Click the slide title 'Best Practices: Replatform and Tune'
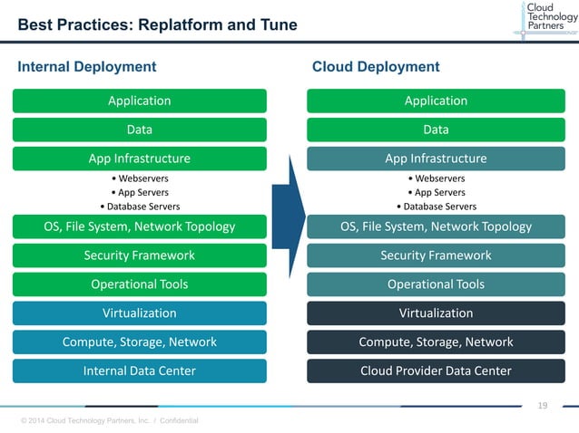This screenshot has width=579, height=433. (x=158, y=24)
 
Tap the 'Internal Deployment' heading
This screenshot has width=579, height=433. (x=87, y=66)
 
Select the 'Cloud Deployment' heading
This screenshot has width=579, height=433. (x=376, y=66)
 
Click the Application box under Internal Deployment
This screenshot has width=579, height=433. (x=139, y=101)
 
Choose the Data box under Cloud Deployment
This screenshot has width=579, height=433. (x=436, y=130)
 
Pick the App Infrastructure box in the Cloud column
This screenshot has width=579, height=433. (x=436, y=159)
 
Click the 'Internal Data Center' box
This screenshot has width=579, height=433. (x=139, y=370)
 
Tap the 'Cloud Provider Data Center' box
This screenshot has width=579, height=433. (x=436, y=370)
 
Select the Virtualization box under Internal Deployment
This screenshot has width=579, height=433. (x=139, y=313)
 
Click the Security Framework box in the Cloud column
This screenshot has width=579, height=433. (x=436, y=255)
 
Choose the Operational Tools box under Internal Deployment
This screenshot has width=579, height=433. (x=139, y=284)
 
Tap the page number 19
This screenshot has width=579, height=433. (x=543, y=405)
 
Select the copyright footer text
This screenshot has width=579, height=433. (x=109, y=420)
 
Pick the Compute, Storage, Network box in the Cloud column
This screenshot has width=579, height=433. (x=436, y=342)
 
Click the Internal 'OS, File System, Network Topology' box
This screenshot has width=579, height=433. (x=139, y=226)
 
